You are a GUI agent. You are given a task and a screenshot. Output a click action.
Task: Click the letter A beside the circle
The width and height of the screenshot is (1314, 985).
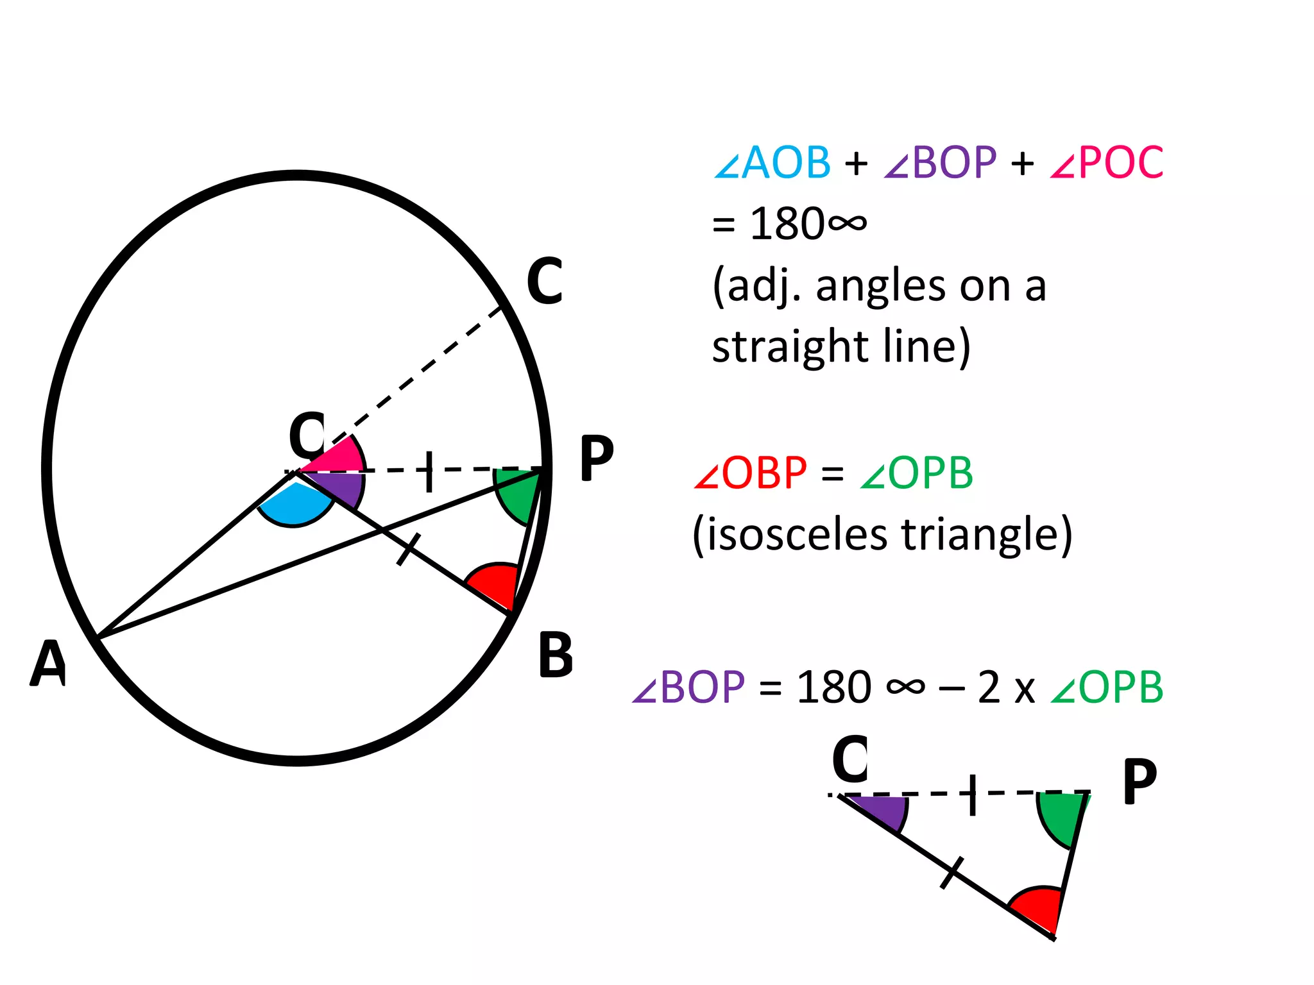(x=49, y=664)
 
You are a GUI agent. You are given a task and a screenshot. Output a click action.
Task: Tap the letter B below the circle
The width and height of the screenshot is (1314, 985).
(x=556, y=655)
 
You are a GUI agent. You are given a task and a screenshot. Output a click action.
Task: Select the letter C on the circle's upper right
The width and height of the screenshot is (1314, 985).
(x=545, y=282)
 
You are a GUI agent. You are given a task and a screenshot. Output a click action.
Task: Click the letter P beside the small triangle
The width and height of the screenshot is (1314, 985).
(x=1140, y=782)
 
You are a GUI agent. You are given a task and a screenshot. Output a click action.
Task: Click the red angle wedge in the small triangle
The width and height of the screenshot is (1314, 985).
(x=1039, y=907)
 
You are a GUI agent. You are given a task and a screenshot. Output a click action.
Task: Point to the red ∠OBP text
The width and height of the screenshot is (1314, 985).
(x=750, y=473)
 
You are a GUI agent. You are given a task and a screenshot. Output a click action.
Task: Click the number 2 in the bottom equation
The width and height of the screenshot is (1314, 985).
(x=989, y=687)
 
